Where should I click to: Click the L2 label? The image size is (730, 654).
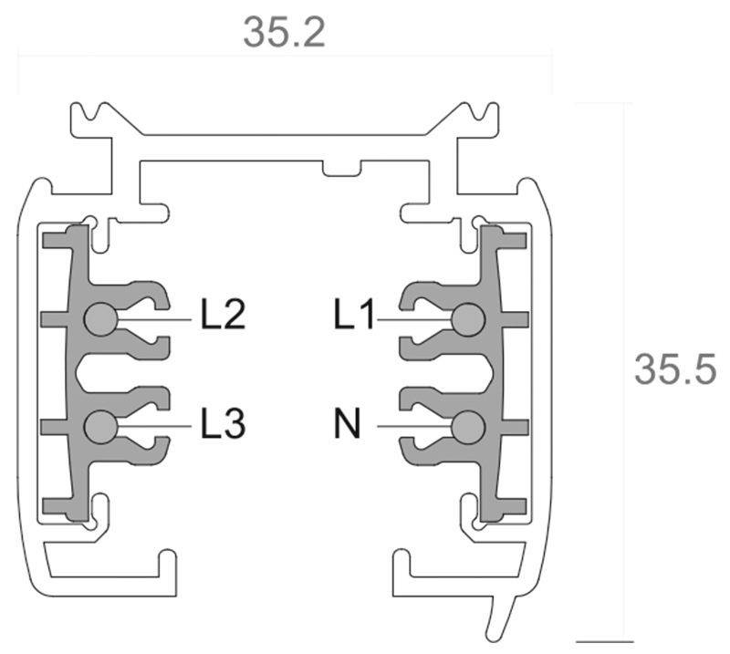[223, 317]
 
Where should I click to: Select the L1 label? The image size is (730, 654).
[355, 317]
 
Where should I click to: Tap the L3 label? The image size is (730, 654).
[223, 424]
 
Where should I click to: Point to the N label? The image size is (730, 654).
[347, 424]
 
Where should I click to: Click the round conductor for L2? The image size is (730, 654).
[99, 319]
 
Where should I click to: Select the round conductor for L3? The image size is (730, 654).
[99, 426]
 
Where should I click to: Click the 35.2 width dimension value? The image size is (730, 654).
[284, 33]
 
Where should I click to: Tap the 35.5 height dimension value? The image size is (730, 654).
[675, 369]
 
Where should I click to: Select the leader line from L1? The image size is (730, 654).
[415, 319]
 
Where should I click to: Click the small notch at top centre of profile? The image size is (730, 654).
[340, 168]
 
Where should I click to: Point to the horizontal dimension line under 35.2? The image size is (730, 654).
[284, 57]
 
